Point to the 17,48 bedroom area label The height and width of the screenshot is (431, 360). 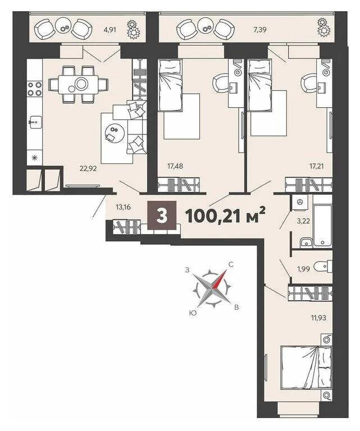point(176,167)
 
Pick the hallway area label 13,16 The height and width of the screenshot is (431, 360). point(124,207)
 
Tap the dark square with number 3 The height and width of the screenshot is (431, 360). point(162,216)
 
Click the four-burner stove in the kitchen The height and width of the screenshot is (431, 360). point(35,89)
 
